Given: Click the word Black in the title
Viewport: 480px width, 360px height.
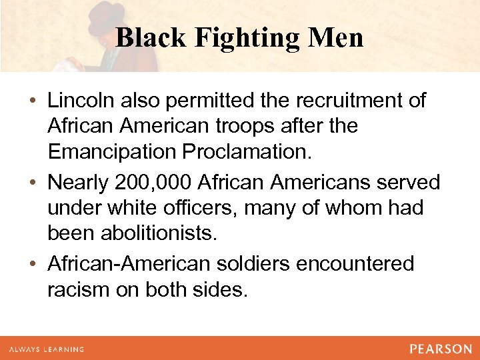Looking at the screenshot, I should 151,37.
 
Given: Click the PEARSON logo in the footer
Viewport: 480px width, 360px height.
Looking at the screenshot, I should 441,349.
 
